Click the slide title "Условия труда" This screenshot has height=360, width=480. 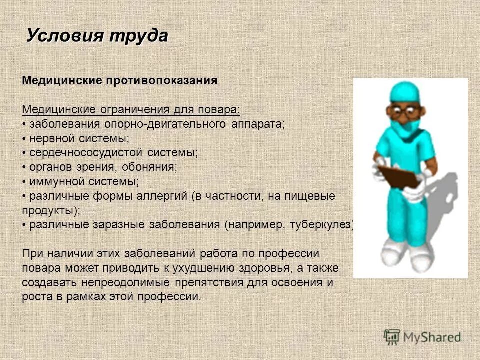97,36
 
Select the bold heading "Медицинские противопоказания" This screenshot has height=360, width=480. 120,81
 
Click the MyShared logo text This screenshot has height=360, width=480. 432,337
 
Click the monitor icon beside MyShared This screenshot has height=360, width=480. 392,337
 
